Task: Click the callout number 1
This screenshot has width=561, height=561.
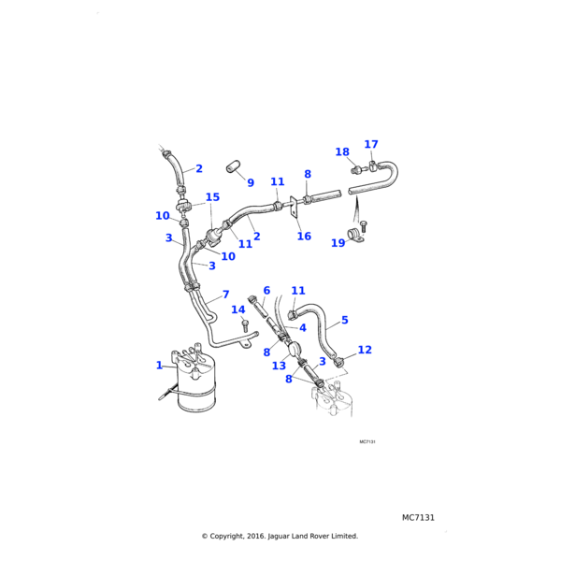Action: point(159,366)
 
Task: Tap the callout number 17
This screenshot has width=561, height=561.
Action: point(371,145)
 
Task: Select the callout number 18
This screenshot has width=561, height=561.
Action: point(342,152)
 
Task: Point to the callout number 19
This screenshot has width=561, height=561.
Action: point(338,243)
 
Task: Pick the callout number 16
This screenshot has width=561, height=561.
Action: point(304,237)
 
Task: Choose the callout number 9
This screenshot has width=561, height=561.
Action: point(250,182)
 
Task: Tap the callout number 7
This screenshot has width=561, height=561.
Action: point(225,295)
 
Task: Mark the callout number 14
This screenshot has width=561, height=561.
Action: point(238,309)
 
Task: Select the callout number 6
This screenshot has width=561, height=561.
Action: point(266,291)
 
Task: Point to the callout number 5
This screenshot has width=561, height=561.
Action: point(344,320)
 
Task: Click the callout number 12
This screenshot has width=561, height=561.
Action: point(365,350)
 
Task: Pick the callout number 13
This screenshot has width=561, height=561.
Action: point(279,367)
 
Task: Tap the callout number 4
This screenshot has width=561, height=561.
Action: point(302,328)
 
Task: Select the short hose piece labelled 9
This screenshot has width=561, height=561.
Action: point(233,168)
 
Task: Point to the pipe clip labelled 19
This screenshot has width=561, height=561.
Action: point(357,233)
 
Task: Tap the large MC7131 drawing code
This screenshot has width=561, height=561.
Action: point(418,517)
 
